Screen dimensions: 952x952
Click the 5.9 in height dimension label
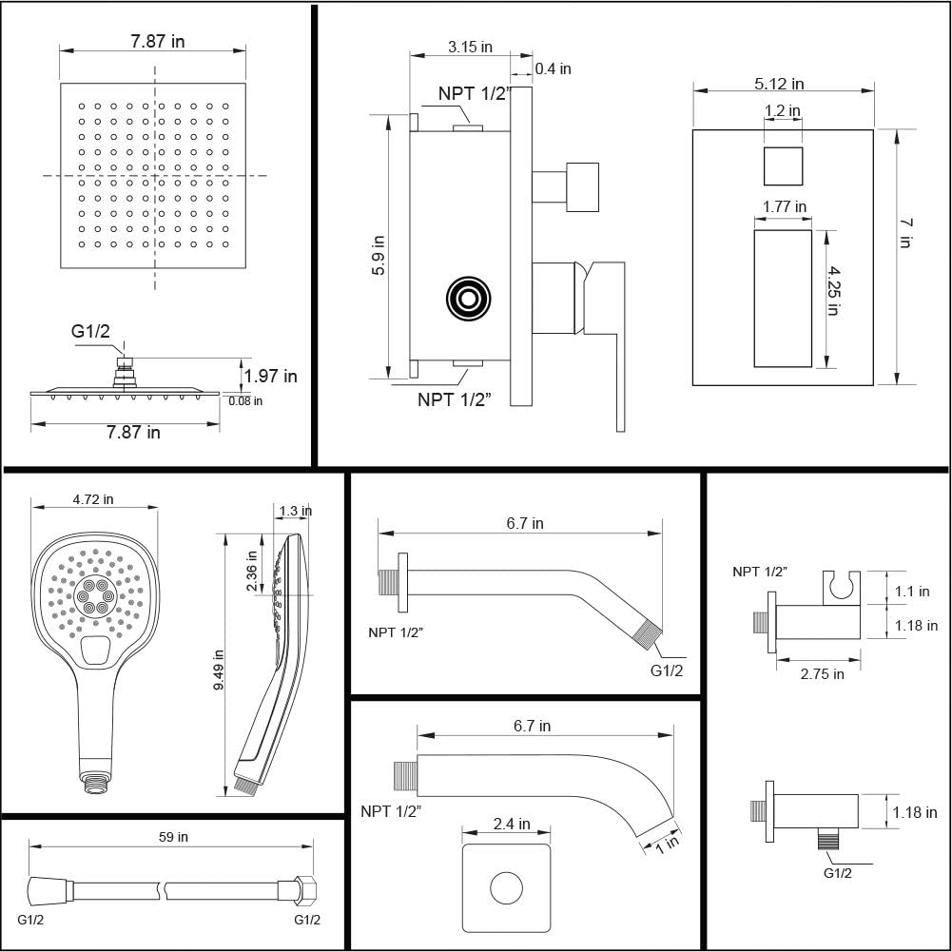click(379, 255)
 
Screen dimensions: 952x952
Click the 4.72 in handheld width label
click(93, 499)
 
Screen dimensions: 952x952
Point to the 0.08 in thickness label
click(245, 400)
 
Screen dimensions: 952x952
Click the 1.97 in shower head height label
click(270, 377)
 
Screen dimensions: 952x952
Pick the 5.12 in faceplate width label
click(779, 84)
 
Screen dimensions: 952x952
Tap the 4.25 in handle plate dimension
click(834, 295)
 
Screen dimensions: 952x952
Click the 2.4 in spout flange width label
click(511, 825)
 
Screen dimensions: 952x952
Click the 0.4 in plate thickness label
click(553, 68)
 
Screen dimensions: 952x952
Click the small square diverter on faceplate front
click(783, 166)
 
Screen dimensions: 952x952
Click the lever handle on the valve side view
click(609, 333)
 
